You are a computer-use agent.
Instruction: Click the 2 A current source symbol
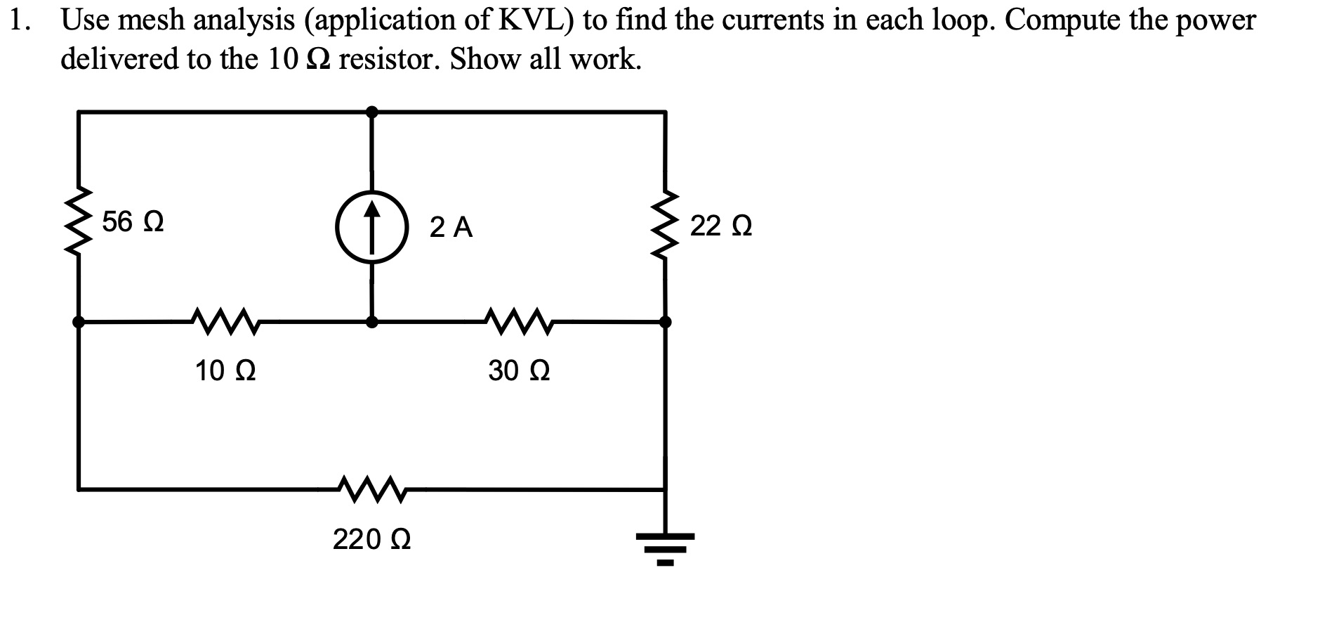click(372, 226)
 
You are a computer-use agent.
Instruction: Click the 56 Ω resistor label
click(133, 222)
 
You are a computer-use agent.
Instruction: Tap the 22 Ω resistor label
click(721, 226)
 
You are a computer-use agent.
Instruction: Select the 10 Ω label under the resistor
click(225, 370)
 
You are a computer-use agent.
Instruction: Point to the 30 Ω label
click(519, 370)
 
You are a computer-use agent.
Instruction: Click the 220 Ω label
click(371, 540)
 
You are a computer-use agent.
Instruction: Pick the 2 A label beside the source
click(451, 228)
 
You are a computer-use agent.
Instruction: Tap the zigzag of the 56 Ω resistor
click(79, 222)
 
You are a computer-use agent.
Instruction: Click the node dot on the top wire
click(372, 112)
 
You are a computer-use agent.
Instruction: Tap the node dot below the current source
click(372, 322)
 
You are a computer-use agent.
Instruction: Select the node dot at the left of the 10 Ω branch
click(79, 322)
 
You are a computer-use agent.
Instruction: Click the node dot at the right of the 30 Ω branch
click(666, 322)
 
